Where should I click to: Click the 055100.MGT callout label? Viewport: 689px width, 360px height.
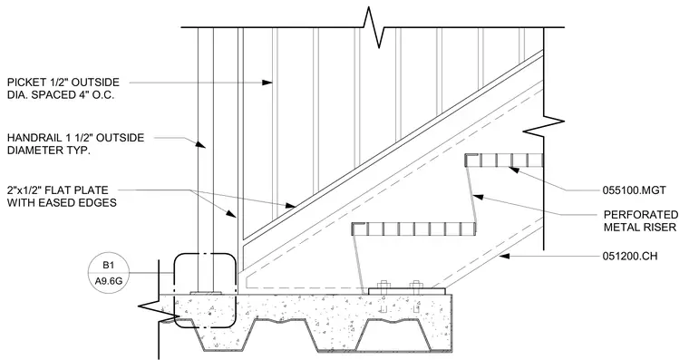coord(634,190)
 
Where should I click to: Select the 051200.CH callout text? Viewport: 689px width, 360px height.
coord(630,256)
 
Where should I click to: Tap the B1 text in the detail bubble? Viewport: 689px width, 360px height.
coord(109,265)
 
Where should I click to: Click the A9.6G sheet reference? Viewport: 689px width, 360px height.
coord(109,281)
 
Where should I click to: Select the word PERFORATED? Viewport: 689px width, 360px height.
coord(641,215)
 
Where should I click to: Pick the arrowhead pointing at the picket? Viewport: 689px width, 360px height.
coord(267,83)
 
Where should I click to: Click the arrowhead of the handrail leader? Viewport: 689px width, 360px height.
coord(200,144)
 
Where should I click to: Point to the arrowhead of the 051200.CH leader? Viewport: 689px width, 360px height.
coord(504,256)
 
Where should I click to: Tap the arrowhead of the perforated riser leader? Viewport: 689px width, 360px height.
coord(480,197)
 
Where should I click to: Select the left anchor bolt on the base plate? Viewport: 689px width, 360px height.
coord(383,287)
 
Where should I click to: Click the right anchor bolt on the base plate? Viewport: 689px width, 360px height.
coord(415,287)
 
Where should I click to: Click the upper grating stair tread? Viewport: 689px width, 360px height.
coord(504,160)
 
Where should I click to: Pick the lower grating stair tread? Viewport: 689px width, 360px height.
coord(413,229)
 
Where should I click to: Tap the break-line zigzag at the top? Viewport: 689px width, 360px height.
coord(373,27)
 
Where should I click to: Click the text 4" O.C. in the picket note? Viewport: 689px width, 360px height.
coord(97,95)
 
